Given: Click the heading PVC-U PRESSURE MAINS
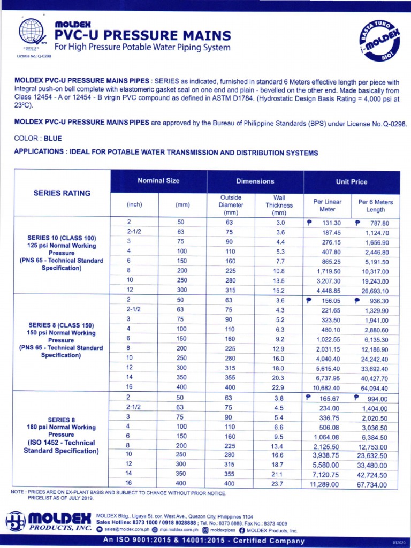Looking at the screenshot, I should pyautogui.click(x=143, y=36).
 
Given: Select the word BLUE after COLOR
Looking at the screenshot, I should pyautogui.click(x=53, y=138).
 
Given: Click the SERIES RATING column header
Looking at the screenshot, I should pyautogui.click(x=62, y=193).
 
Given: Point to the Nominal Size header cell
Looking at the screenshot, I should pyautogui.click(x=158, y=181).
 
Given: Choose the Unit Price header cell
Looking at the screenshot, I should pyautogui.click(x=351, y=182).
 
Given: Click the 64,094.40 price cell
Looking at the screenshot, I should pyautogui.click(x=374, y=387).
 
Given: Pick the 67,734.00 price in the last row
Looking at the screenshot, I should pyautogui.click(x=374, y=484).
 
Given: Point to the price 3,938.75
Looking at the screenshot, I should pyautogui.click(x=325, y=455).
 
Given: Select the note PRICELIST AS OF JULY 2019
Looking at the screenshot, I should pyautogui.click(x=60, y=498).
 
